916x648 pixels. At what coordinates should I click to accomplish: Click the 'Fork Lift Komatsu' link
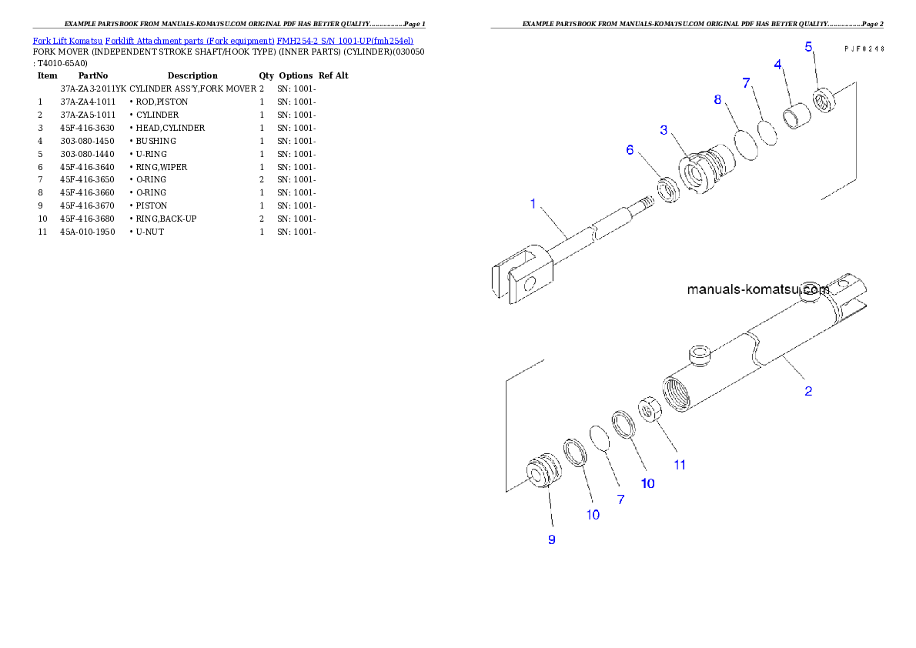[x=68, y=41]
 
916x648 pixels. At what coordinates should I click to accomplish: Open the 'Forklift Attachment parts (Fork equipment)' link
[x=190, y=41]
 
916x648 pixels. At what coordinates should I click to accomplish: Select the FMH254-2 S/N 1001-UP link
[x=345, y=41]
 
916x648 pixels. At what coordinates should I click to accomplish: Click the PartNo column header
[x=93, y=75]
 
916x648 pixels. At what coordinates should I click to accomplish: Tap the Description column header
[x=192, y=75]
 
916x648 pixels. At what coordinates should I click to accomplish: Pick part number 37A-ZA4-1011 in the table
[x=88, y=102]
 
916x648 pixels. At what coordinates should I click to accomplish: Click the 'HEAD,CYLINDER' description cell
[x=170, y=128]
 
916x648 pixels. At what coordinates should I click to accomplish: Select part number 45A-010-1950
[x=88, y=232]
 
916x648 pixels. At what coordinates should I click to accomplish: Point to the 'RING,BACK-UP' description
[x=166, y=219]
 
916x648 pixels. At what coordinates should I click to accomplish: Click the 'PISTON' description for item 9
[x=152, y=205]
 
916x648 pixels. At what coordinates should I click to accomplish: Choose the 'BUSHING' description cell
[x=156, y=141]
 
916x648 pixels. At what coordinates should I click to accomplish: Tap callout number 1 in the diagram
[x=533, y=203]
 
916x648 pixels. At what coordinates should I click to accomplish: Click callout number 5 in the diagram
[x=808, y=47]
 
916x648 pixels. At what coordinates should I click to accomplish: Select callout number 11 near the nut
[x=680, y=465]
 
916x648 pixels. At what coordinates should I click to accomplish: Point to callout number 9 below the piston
[x=551, y=539]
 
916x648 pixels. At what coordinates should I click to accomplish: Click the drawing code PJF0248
[x=864, y=49]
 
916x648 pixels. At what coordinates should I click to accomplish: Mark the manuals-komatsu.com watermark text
[x=758, y=289]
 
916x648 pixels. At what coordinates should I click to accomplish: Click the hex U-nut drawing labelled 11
[x=649, y=409]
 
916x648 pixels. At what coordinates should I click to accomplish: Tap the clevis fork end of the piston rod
[x=522, y=273]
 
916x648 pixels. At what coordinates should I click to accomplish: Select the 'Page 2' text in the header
[x=874, y=24]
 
